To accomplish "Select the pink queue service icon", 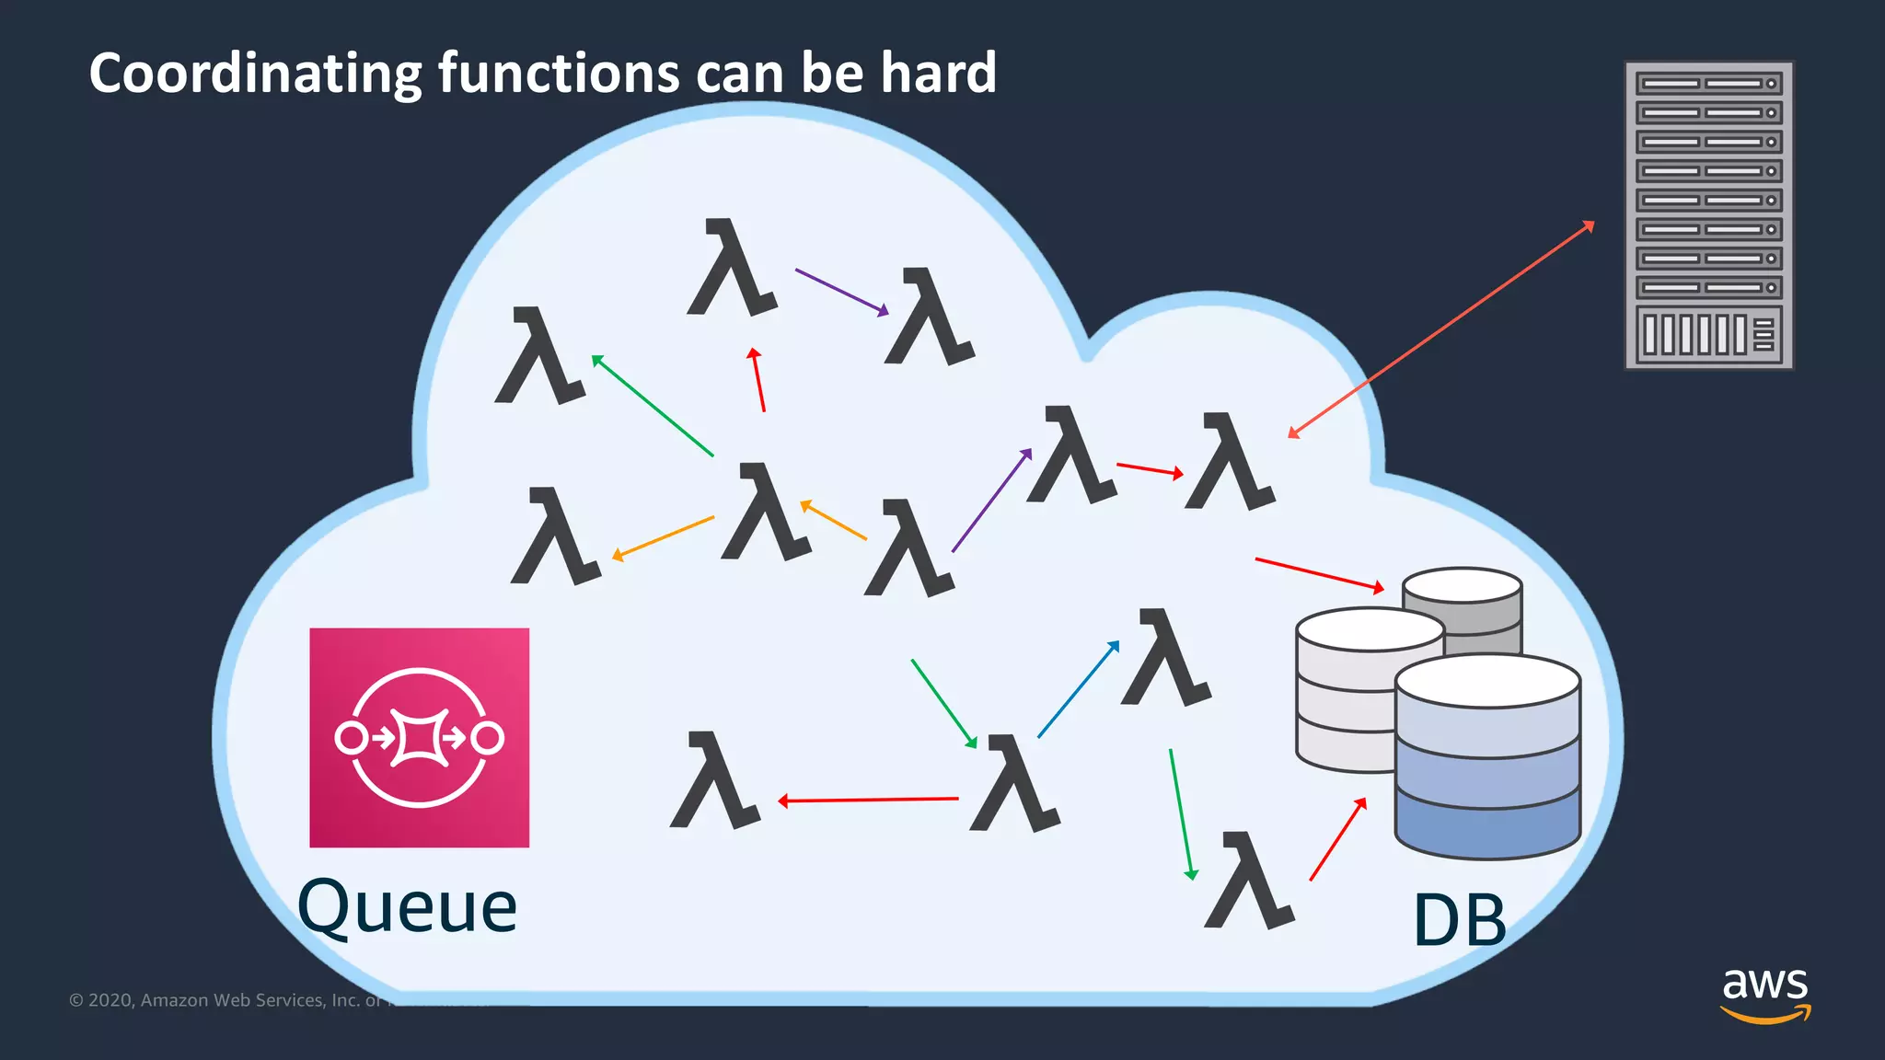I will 419,737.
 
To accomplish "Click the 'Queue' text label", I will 407,907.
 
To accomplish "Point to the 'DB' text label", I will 1459,920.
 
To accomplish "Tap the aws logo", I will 1764,993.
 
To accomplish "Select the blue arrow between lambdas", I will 1078,689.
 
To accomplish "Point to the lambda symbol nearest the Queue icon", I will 714,781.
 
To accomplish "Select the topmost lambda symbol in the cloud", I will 732,269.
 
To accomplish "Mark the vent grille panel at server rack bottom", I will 1708,334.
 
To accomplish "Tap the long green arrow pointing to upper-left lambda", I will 653,406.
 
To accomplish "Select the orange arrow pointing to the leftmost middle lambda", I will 663,538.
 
